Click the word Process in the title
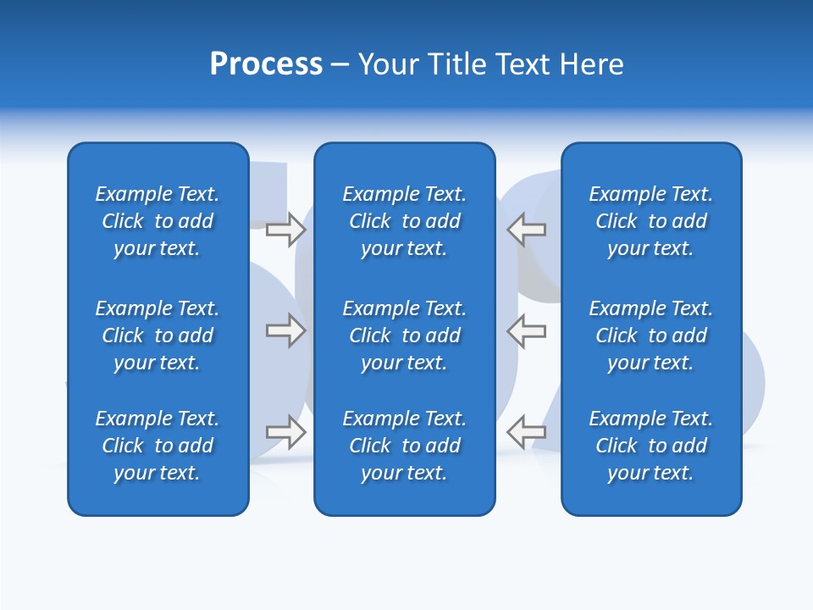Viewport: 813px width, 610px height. (x=266, y=64)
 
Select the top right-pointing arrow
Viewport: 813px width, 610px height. (x=286, y=230)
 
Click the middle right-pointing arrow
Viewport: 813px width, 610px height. (x=286, y=330)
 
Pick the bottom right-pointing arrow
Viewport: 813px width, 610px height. (x=286, y=431)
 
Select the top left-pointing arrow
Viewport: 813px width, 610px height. (x=527, y=230)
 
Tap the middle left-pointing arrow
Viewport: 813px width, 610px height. (x=527, y=330)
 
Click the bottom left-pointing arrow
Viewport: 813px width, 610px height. (x=527, y=431)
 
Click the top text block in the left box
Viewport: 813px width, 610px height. (x=158, y=221)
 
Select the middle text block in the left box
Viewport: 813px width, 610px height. (x=158, y=335)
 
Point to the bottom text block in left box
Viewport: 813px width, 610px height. (x=158, y=446)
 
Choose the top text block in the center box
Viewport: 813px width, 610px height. (x=405, y=221)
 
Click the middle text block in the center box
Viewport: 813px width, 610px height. (x=405, y=335)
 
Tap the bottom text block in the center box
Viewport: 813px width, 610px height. (x=405, y=446)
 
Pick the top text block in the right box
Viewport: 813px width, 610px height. (x=651, y=221)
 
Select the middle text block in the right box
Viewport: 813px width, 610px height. (x=651, y=335)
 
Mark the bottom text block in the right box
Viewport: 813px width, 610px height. (x=651, y=446)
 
